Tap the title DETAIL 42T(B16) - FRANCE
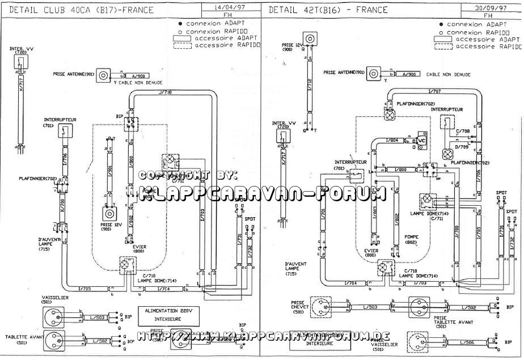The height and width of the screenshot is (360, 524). click(328, 10)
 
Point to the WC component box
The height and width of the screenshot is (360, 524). click(421, 139)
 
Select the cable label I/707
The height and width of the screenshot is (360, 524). click(434, 91)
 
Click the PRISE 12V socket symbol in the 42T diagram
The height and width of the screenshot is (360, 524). click(310, 39)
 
